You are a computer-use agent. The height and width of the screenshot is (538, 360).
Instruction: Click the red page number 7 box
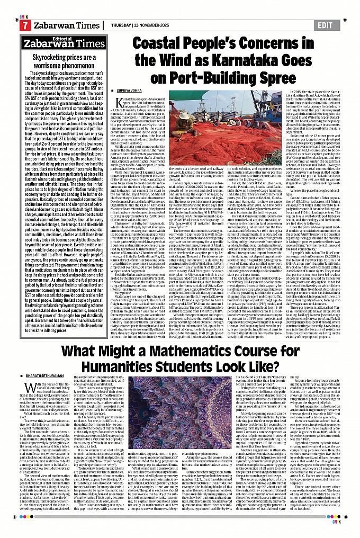[24, 25]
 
